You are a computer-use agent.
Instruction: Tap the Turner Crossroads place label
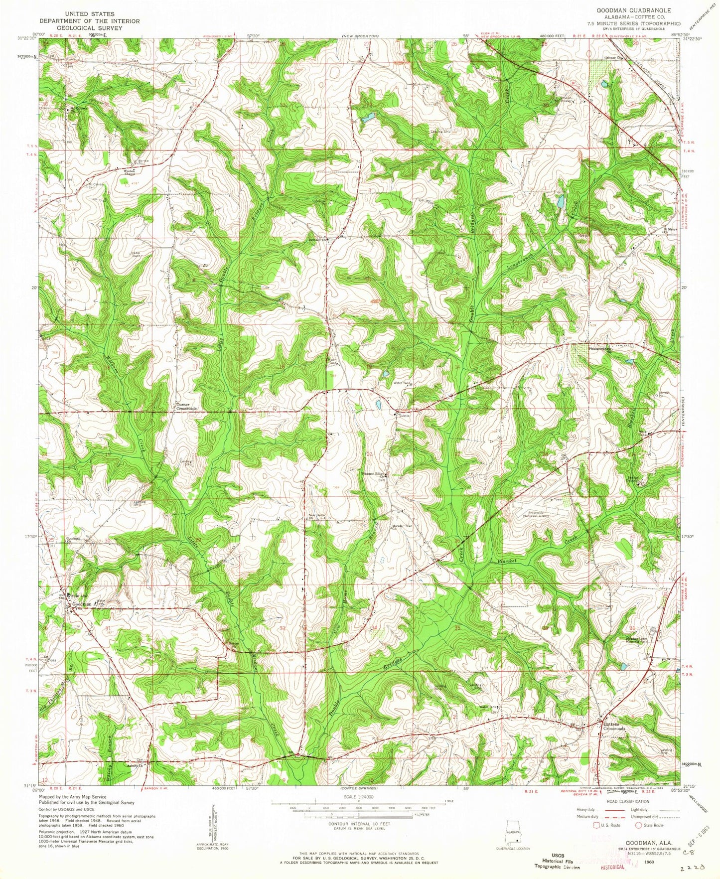tap(185, 406)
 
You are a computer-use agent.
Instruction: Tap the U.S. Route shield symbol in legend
tap(595, 825)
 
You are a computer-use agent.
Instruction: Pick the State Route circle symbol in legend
tap(638, 825)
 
